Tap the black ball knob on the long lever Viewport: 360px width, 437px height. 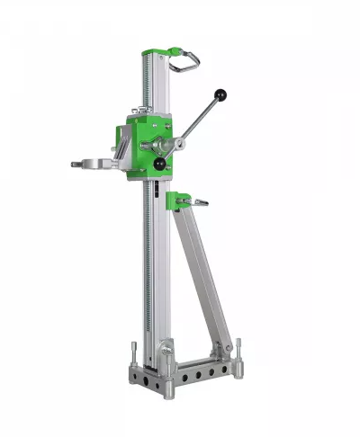[220, 94]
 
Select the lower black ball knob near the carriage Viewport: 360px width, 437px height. [160, 164]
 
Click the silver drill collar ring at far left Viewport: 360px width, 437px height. [91, 165]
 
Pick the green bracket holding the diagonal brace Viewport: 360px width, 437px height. [182, 201]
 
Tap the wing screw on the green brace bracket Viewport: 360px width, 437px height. [200, 202]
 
